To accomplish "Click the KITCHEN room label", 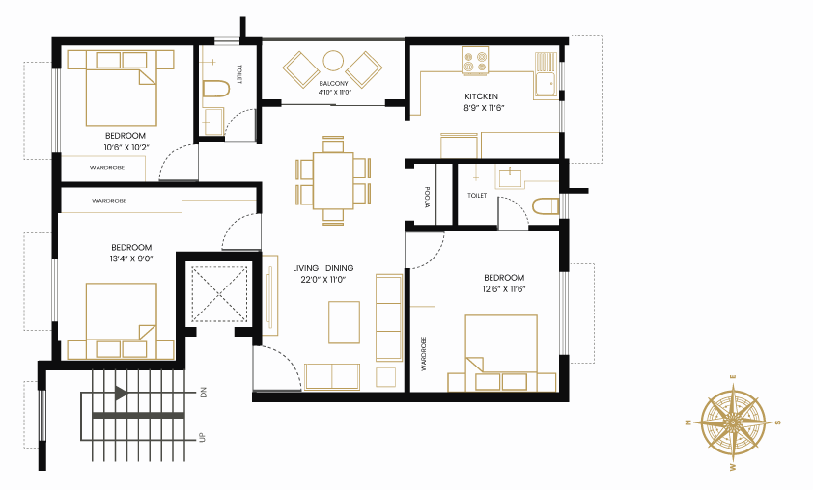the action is pos(481,96).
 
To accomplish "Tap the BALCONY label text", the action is pos(333,83).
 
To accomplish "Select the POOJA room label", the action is pos(427,198).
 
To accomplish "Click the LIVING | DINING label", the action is pos(323,268).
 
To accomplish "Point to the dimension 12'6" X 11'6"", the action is pos(503,289).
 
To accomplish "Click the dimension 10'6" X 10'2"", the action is pos(126,147).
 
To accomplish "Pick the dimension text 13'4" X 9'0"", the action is pos(131,259).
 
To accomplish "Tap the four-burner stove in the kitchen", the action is pos(475,61).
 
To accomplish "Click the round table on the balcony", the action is pos(333,60).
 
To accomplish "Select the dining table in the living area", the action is pos(333,180).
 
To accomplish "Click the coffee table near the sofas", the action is pos(345,322).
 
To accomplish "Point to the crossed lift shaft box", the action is pos(219,294).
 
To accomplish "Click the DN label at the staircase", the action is pos(203,393).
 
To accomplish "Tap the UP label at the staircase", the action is pos(203,437).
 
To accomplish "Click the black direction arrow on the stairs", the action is pos(122,393).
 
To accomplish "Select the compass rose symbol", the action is pos(733,423).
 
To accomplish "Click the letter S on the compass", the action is pos(777,422).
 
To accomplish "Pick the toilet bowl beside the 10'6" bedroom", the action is pos(215,89).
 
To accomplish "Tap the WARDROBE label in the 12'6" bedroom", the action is pos(423,354).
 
